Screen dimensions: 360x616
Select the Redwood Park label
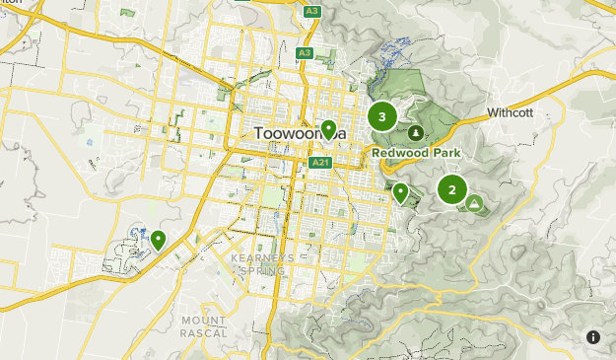pyautogui.click(x=417, y=153)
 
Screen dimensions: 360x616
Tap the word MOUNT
pyautogui.click(x=203, y=320)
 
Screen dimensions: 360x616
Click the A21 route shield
pyautogui.click(x=319, y=163)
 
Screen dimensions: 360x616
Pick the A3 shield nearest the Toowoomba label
pyautogui.click(x=305, y=52)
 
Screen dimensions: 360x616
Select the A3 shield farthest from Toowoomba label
pyautogui.click(x=312, y=11)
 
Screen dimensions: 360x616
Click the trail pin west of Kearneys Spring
pyautogui.click(x=158, y=239)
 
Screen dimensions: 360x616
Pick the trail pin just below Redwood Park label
pyautogui.click(x=400, y=192)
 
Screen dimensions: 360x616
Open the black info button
pyautogui.click(x=593, y=337)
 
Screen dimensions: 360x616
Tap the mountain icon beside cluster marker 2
pyautogui.click(x=475, y=203)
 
